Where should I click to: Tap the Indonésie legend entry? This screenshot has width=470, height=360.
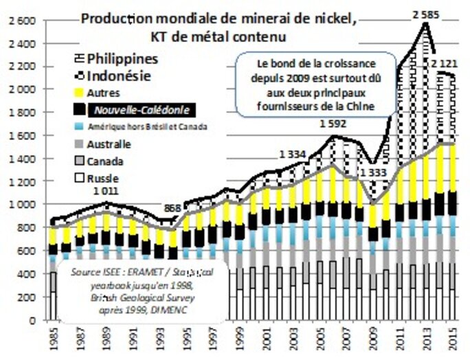pos(113,76)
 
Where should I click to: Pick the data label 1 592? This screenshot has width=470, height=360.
pos(333,124)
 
